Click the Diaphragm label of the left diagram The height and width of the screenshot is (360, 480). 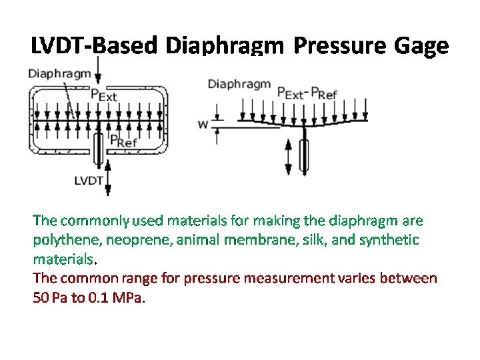[59, 73]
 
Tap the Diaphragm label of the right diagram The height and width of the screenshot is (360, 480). [239, 84]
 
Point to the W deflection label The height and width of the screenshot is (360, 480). [203, 123]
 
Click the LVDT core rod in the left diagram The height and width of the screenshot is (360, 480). [99, 148]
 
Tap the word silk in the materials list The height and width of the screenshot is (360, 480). [315, 239]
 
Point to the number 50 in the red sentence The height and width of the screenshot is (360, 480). [41, 297]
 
